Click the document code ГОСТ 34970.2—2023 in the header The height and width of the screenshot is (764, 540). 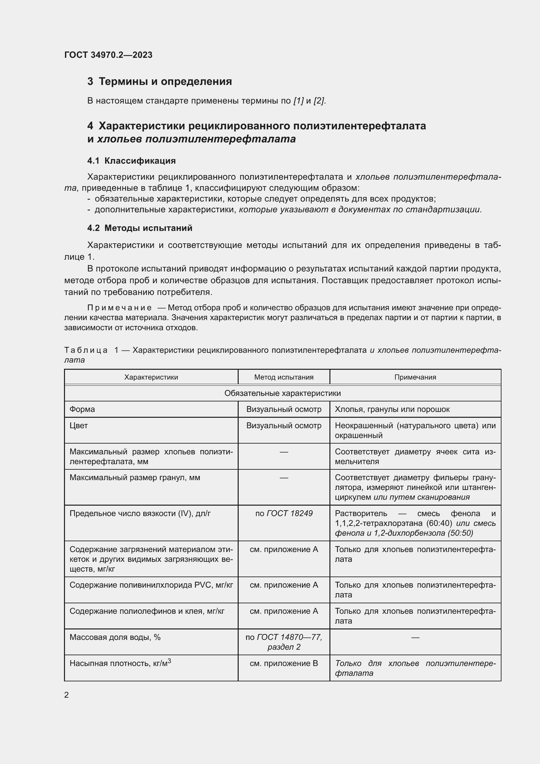click(108, 55)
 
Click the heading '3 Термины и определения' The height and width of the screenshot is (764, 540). click(159, 82)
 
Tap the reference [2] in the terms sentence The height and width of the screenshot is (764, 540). click(319, 101)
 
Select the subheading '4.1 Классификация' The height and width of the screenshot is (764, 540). click(131, 161)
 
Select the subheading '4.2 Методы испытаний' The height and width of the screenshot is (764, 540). click(140, 228)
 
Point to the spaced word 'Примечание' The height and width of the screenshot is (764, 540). click(119, 308)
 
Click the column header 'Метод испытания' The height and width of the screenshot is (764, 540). click(284, 377)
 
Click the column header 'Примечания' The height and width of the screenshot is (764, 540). click(415, 377)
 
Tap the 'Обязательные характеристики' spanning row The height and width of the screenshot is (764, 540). click(282, 393)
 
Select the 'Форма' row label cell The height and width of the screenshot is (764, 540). click(82, 409)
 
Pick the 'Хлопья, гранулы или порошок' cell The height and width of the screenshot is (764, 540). click(392, 409)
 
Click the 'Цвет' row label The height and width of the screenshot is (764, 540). click(78, 426)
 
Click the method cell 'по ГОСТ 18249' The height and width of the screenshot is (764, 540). click(284, 513)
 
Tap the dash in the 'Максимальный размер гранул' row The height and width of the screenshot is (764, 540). click(284, 478)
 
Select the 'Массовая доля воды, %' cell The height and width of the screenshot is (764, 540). click(115, 637)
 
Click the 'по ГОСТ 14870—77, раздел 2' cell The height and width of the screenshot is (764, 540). click(284, 642)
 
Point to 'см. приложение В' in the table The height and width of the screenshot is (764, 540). click(284, 663)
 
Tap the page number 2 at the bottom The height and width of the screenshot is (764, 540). click(67, 695)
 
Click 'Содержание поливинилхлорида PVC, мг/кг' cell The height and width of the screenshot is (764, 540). click(151, 585)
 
